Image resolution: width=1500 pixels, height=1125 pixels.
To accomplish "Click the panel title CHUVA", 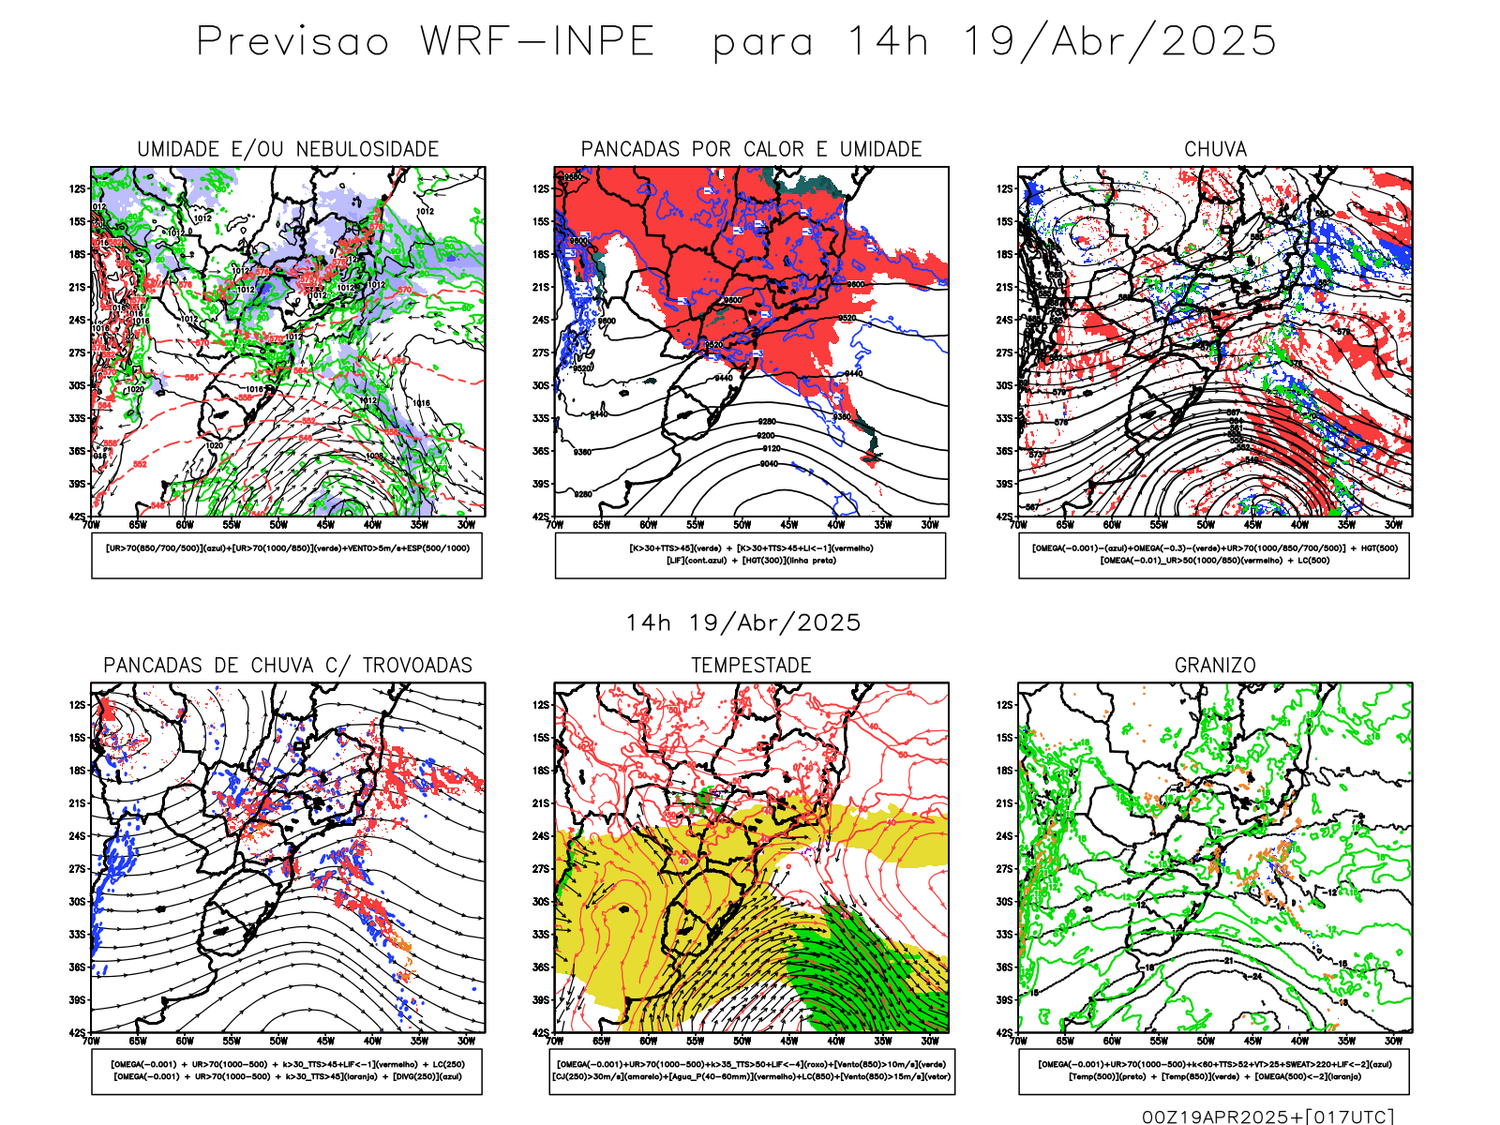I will [x=1215, y=150].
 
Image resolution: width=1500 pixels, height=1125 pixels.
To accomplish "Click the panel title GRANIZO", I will [x=1215, y=666].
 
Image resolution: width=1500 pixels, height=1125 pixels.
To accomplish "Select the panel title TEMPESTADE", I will [x=751, y=666].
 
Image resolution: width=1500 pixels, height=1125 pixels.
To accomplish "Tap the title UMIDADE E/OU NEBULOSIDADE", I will [x=288, y=150].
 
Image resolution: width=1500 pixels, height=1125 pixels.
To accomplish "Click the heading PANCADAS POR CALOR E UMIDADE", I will [x=751, y=150].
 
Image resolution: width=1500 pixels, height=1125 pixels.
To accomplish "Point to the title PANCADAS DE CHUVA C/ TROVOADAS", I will [x=288, y=666].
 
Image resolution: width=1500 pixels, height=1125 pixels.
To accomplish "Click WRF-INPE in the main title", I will [x=537, y=42].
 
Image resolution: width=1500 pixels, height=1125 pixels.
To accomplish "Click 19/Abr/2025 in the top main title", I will [x=1119, y=42].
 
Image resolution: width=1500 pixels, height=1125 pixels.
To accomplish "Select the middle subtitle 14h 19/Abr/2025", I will [x=743, y=623].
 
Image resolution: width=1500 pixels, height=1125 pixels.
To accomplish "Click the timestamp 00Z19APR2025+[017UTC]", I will [x=1267, y=1117].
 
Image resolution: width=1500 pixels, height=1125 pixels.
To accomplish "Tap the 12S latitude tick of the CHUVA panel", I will [x=1005, y=189].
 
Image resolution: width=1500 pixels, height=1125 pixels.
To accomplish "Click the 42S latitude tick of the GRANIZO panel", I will [x=1005, y=1033].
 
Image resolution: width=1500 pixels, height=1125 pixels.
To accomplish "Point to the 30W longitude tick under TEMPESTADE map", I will [x=930, y=1041].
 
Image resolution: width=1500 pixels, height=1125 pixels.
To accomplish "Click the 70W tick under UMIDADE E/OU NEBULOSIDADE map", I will [x=91, y=525].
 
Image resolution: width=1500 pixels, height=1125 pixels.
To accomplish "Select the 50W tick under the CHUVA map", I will [x=1206, y=525].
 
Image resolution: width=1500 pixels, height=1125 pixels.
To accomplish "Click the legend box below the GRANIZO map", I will [x=1214, y=1071].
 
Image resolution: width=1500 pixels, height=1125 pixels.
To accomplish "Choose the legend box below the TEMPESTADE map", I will [x=751, y=1071].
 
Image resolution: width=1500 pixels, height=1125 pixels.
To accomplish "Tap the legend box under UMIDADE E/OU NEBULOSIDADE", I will [x=287, y=555].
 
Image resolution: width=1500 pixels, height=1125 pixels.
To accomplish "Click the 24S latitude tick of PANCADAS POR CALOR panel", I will [x=541, y=321].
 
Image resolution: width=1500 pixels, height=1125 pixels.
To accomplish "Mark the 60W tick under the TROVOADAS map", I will [x=185, y=1041].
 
